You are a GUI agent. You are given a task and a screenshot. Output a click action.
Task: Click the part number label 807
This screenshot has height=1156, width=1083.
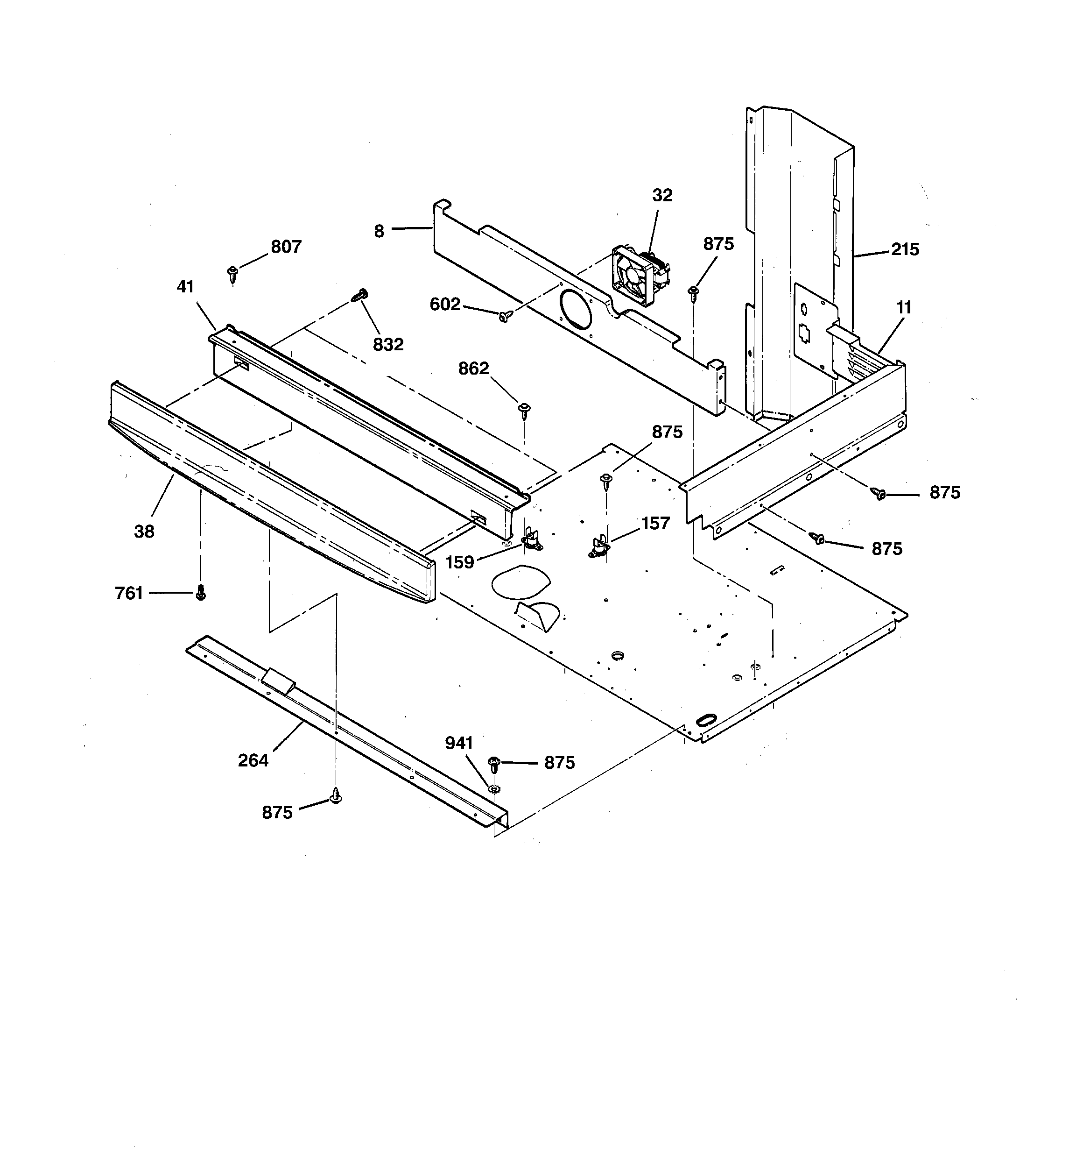pos(286,247)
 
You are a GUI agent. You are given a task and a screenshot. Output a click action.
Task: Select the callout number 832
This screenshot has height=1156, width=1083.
pos(388,344)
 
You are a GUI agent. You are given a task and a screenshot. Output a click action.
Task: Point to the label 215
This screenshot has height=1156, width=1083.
pos(905,249)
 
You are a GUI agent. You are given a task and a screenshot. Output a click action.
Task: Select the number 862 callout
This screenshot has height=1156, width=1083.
pos(473,368)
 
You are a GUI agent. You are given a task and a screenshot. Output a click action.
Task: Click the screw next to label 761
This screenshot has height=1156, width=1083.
pos(201,593)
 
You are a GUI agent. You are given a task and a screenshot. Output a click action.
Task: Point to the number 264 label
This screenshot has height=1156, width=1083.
pos(253,760)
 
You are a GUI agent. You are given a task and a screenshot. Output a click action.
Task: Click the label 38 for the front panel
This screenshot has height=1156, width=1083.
pos(144,531)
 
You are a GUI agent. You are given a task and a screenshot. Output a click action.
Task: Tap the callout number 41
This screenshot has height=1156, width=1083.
pos(185,287)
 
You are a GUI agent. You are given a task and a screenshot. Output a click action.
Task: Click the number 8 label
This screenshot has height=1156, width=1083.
pos(379,231)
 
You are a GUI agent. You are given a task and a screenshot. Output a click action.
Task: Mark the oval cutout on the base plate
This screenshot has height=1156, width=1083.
pos(520,582)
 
